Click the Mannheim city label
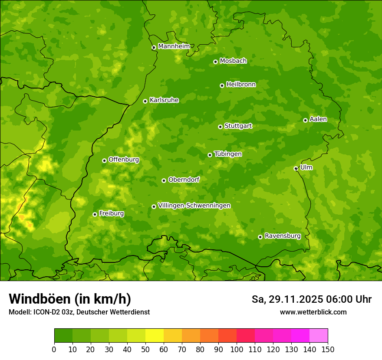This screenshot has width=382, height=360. click(174, 46)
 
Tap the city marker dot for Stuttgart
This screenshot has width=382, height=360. click(220, 127)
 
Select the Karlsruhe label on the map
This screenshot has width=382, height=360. click(164, 100)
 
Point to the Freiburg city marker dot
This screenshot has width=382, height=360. click(95, 214)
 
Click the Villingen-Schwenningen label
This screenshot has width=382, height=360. click(194, 206)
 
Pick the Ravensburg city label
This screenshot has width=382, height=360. click(283, 236)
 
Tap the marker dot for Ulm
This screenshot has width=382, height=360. click(296, 168)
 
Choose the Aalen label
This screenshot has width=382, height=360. click(318, 119)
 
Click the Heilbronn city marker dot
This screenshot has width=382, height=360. click(222, 85)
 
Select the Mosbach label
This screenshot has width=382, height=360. click(233, 61)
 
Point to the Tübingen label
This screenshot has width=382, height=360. click(228, 154)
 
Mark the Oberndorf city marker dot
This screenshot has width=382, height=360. click(164, 180)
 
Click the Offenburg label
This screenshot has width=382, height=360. click(124, 160)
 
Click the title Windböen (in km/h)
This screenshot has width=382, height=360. click(70, 299)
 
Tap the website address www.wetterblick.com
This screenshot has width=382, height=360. click(313, 312)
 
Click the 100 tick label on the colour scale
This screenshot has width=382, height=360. click(237, 349)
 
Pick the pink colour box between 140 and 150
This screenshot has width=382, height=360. click(319, 336)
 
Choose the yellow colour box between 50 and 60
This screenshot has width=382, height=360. click(155, 336)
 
